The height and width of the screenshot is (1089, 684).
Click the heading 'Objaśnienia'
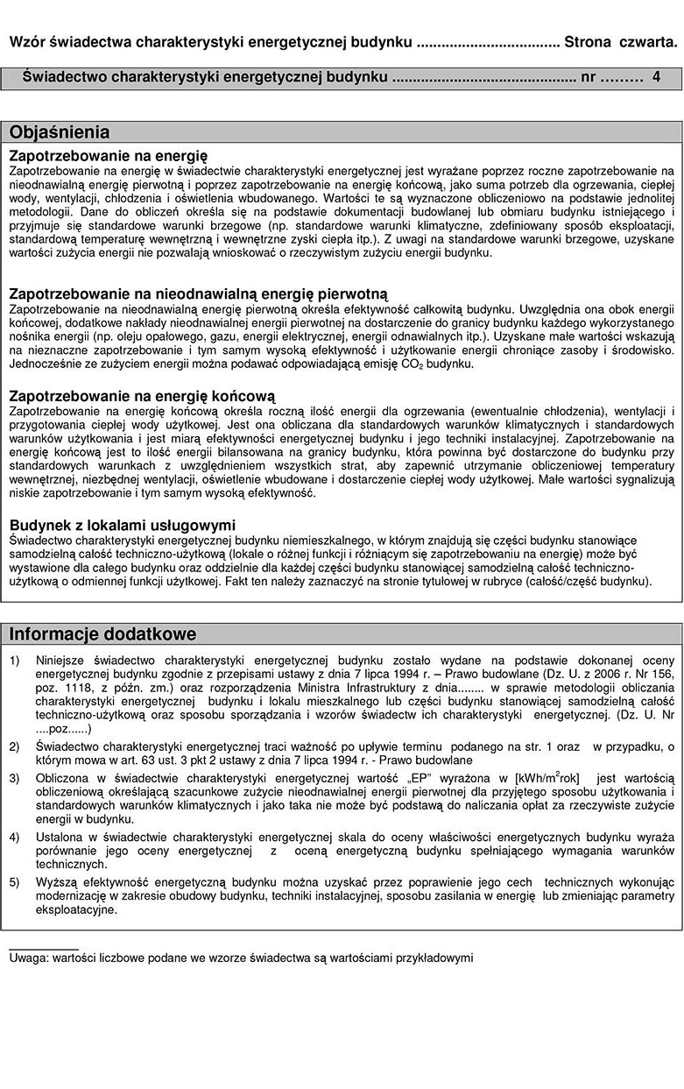[60, 133]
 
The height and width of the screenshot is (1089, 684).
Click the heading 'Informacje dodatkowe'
[102, 633]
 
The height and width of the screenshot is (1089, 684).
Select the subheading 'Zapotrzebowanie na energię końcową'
[142, 396]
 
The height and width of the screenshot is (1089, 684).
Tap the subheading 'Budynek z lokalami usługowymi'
[123, 526]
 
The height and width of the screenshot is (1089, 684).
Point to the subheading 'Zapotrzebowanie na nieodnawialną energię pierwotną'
[198, 293]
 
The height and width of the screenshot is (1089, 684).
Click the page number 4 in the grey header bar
[656, 78]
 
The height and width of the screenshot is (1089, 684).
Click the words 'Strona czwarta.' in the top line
[621, 42]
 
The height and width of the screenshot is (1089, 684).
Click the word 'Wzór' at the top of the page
[27, 42]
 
